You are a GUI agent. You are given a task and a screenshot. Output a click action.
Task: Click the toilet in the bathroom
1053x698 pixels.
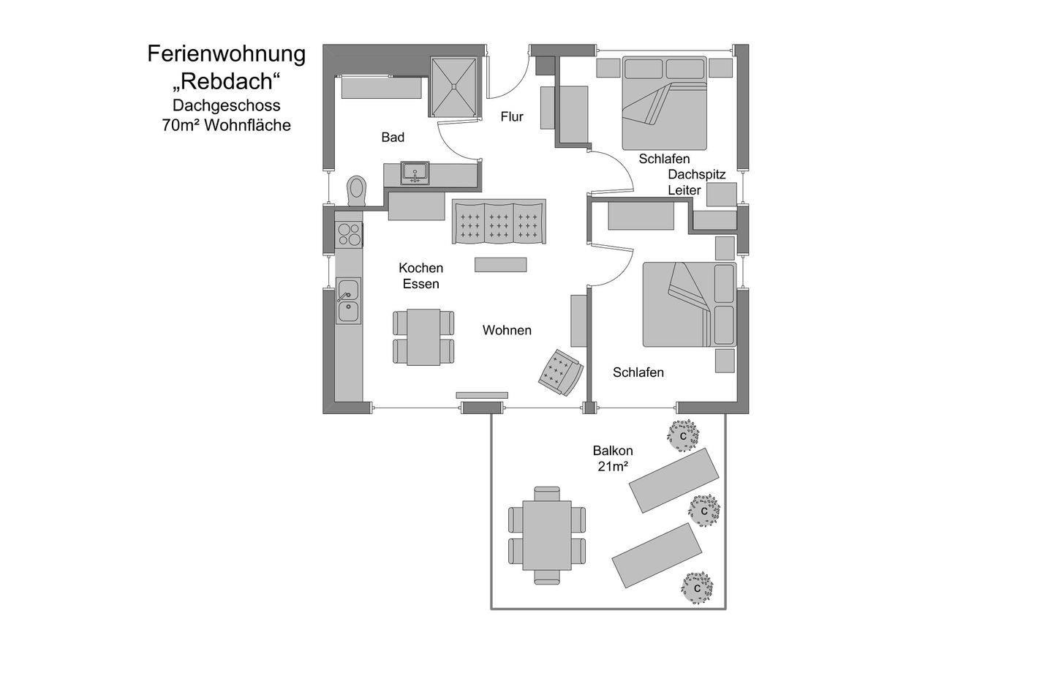[x=356, y=190]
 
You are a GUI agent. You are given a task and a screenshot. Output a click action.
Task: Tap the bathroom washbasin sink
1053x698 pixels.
[x=415, y=173]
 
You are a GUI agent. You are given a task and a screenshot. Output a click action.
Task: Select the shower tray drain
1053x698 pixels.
[x=454, y=86]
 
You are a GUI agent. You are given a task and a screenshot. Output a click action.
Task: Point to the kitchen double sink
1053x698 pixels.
[x=348, y=301]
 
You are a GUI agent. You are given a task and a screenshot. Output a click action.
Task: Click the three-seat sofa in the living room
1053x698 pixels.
[x=499, y=222]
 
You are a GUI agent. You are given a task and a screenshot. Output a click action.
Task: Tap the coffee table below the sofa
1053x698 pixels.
[x=500, y=264]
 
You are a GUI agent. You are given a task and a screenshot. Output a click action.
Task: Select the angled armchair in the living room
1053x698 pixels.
[x=561, y=372]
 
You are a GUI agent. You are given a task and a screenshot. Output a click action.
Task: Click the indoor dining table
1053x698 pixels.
[x=423, y=337]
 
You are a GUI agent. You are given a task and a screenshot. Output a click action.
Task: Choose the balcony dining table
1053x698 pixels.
[x=547, y=536]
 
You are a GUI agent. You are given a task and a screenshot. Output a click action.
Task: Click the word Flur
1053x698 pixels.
[x=512, y=116]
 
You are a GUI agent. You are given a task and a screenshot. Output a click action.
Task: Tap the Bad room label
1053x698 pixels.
[x=393, y=138]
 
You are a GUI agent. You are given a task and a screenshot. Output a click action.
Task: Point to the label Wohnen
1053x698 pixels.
[x=507, y=330]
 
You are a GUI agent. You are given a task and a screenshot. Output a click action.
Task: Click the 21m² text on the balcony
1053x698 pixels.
[x=613, y=466]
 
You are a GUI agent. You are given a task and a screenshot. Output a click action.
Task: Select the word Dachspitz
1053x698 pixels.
[x=697, y=174]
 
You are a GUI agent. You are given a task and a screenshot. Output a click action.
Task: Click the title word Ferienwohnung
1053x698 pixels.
[x=227, y=53]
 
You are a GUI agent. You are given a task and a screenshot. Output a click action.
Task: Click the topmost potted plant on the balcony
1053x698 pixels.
[x=683, y=435]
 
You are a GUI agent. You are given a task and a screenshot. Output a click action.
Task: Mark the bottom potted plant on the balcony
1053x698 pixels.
[x=697, y=588]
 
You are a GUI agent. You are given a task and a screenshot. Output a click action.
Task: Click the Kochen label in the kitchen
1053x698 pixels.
[x=420, y=268]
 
